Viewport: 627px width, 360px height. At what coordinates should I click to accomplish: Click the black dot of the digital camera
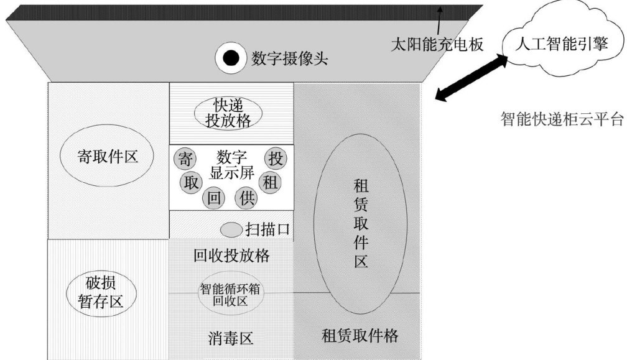click(230, 58)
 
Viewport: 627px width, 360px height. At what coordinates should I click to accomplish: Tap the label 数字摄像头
click(289, 59)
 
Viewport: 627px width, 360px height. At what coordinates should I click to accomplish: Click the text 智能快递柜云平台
click(562, 119)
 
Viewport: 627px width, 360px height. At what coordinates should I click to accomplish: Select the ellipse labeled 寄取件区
click(108, 156)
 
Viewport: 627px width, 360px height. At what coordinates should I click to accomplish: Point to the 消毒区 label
click(231, 338)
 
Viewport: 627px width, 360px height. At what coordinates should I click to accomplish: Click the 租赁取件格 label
click(360, 336)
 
